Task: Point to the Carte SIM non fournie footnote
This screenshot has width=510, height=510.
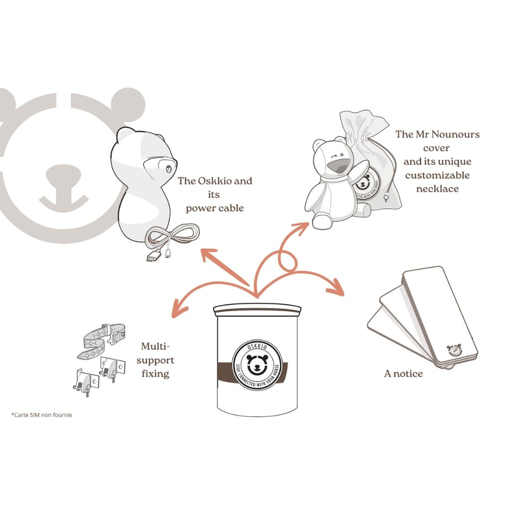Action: pyautogui.click(x=41, y=414)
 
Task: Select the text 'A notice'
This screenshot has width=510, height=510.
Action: pyautogui.click(x=403, y=373)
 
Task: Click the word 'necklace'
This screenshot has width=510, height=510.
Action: pyautogui.click(x=437, y=189)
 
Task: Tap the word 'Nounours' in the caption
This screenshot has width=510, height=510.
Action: pyautogui.click(x=457, y=134)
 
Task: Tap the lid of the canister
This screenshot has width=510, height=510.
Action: pyautogui.click(x=257, y=310)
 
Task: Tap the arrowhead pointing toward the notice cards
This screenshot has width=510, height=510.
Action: pyautogui.click(x=337, y=289)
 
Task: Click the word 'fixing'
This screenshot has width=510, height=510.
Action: pyautogui.click(x=155, y=373)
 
